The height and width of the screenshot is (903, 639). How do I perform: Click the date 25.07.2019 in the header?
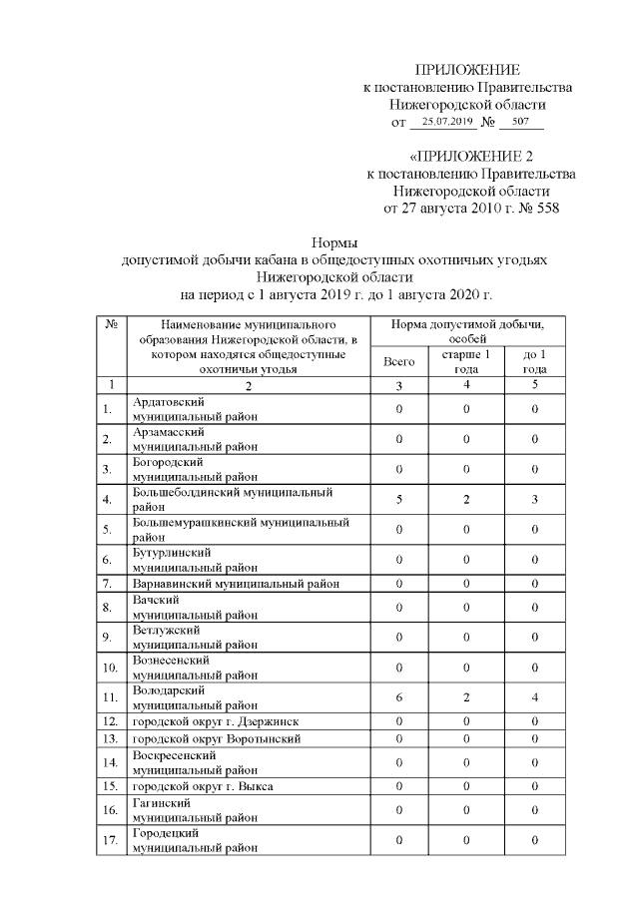pos(447,122)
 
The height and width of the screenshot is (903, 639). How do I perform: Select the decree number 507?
pos(520,122)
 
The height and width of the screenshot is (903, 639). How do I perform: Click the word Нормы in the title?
pos(334,241)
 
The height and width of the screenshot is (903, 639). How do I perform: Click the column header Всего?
pos(398,361)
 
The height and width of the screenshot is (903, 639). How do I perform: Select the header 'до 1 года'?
pos(535,361)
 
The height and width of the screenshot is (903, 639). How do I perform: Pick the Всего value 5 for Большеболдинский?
pos(398,500)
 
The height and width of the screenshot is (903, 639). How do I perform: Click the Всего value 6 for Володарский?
pos(398,697)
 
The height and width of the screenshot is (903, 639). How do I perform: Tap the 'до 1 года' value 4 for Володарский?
pos(535,697)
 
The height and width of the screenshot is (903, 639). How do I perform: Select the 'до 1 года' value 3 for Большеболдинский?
pos(535,500)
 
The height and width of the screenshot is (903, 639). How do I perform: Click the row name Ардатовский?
pos(168,402)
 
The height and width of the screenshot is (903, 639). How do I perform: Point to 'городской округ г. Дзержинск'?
pos(215,721)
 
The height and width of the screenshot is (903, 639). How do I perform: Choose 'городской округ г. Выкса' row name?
pos(203,787)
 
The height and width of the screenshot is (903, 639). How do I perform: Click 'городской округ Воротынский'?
pos(215,739)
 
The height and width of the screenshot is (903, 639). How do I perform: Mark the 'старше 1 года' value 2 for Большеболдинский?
pos(466,500)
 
